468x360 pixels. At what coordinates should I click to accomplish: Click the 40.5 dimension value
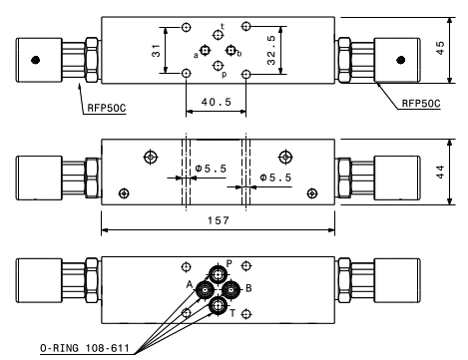pyautogui.click(x=216, y=102)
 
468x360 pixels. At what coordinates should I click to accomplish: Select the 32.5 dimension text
pyautogui.click(x=271, y=50)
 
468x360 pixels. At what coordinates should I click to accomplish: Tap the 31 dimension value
pyautogui.click(x=156, y=51)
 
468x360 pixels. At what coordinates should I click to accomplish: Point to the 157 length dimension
pyautogui.click(x=219, y=220)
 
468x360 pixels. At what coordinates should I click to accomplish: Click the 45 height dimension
pyautogui.click(x=440, y=48)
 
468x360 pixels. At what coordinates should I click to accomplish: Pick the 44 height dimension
pyautogui.click(x=440, y=172)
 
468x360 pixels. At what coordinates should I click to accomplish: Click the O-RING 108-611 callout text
pyautogui.click(x=85, y=348)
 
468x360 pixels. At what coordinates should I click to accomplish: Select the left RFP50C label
pyautogui.click(x=107, y=108)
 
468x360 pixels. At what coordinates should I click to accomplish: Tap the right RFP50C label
pyautogui.click(x=421, y=104)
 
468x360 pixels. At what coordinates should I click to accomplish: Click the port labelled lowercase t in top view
pyautogui.click(x=218, y=35)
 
